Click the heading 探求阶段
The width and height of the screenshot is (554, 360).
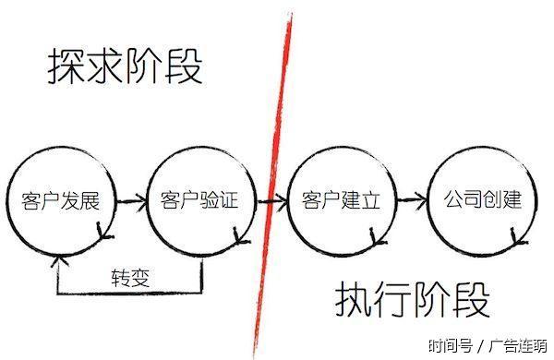[125, 67]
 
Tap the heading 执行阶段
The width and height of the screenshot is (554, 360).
[411, 300]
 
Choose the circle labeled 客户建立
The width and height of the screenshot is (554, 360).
[342, 200]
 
